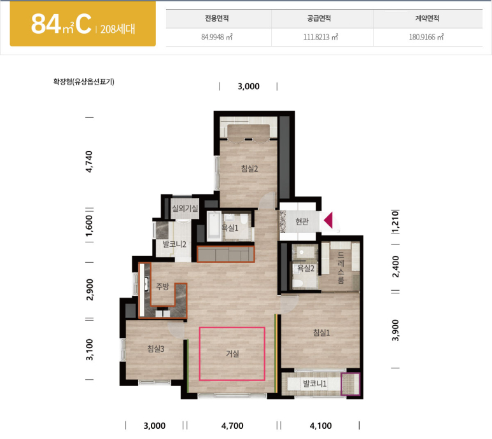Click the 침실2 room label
pos(250,169)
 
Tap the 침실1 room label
pos(321,332)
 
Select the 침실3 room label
pos(156,349)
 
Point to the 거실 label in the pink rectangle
pos(232,354)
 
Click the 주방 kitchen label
pos(162,286)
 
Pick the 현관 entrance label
pos(302,221)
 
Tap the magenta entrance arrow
pos(328,219)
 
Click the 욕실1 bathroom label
pos(230,228)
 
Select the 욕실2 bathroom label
pos(306,268)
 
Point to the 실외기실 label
pos(185,208)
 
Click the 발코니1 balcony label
pos(314,383)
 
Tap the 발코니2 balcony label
pos(174,244)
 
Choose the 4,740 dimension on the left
pos(89,162)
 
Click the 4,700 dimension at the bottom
pos(232,426)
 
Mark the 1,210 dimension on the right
pos(395,222)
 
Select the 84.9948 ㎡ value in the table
pos(217,37)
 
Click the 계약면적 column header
pos(427,18)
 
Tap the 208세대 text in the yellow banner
pos(118,29)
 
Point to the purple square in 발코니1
pos(351,384)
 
